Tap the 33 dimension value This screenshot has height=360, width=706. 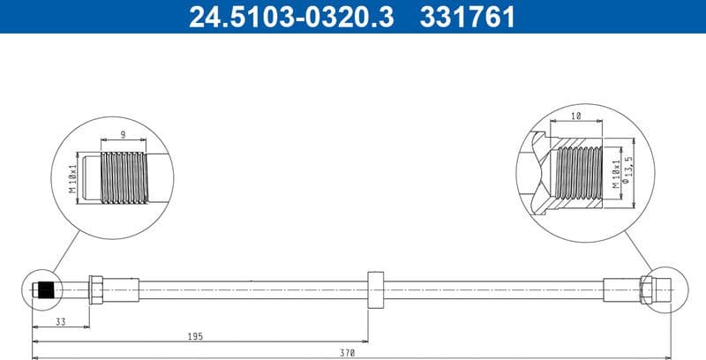[61, 322]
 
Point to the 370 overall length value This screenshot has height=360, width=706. [348, 353]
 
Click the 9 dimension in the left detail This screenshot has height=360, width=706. [122, 135]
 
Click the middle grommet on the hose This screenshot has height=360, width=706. [374, 289]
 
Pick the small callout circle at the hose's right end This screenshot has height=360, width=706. [663, 289]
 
